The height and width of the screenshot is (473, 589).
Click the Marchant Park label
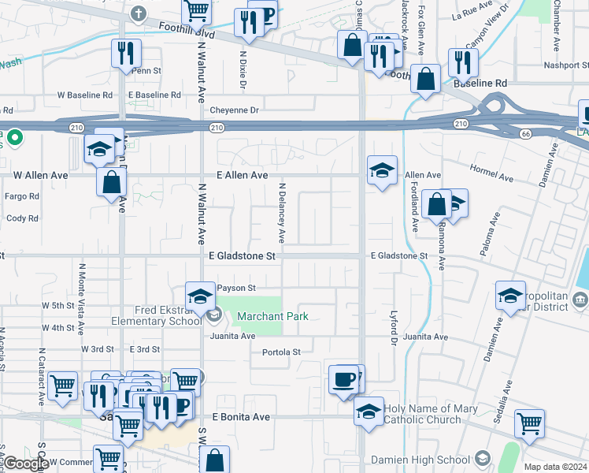272,316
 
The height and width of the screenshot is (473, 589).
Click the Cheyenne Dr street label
232,111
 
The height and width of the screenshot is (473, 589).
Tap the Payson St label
237,289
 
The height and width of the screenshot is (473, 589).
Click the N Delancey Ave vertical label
281,214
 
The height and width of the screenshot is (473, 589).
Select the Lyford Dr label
395,326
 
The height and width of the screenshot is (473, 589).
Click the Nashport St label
555,66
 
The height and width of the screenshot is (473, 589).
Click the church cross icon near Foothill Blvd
139,13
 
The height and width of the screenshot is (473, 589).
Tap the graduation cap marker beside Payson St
200,296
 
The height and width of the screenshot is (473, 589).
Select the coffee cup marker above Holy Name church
344,379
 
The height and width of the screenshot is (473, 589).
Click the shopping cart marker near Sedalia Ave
530,423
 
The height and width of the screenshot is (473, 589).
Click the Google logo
25,464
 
